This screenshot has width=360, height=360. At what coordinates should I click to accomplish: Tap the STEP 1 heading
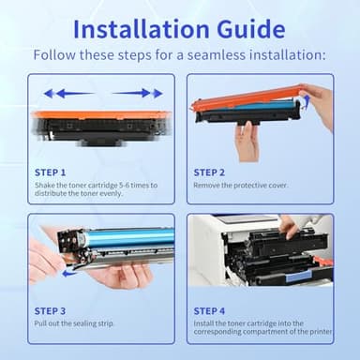click(50, 172)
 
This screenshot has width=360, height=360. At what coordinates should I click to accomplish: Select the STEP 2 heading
click(209, 172)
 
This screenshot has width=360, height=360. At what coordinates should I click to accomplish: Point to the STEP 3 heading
click(50, 310)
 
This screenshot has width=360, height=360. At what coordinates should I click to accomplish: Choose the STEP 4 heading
click(209, 310)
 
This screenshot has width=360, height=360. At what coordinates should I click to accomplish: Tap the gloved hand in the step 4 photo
click(301, 227)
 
